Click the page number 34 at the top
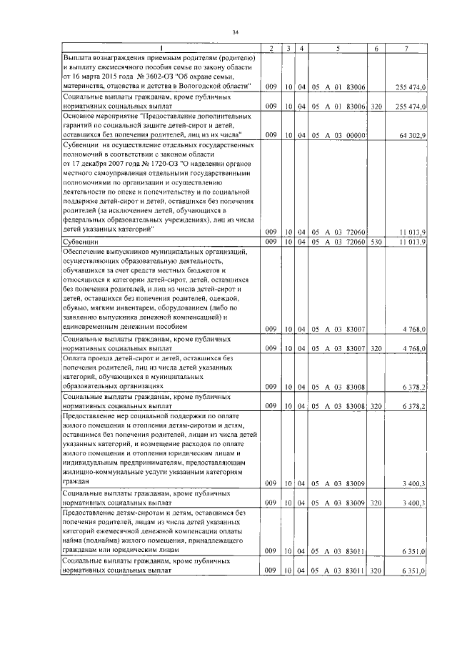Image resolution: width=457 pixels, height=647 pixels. point(234,31)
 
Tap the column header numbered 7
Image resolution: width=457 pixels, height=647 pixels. point(406,48)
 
